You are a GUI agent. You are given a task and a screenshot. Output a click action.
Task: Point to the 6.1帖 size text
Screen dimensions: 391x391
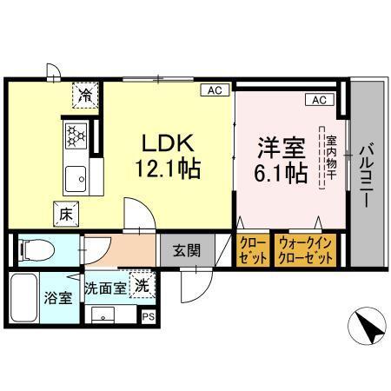280,172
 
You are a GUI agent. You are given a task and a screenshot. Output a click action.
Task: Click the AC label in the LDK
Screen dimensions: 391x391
212,89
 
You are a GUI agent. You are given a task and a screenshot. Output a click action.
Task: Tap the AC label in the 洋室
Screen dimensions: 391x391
319,101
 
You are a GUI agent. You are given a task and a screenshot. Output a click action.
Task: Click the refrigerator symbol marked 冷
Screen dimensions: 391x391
86,93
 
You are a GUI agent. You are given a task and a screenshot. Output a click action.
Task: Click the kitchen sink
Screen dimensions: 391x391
76,180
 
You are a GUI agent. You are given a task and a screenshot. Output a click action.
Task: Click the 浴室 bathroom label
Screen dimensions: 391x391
56,298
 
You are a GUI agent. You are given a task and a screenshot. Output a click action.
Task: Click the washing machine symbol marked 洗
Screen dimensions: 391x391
138,284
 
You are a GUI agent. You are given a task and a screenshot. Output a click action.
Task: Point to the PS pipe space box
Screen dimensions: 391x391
149,316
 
